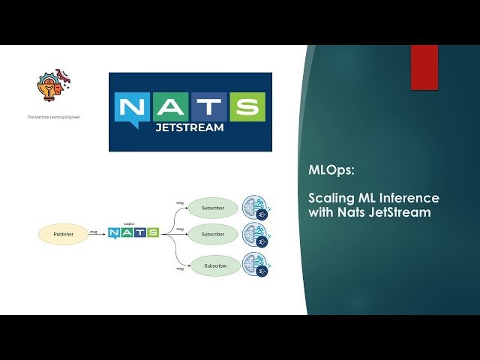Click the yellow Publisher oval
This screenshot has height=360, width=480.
click(64, 234)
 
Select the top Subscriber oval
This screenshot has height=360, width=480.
click(213, 208)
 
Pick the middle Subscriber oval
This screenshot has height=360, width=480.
click(213, 234)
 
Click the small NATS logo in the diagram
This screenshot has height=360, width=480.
click(133, 232)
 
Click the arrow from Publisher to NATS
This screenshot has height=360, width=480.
click(97, 234)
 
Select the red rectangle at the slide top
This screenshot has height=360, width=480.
click(424, 67)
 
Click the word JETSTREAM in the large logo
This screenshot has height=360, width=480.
click(190, 127)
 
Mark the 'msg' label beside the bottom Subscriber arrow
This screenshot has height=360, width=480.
click(180, 266)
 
